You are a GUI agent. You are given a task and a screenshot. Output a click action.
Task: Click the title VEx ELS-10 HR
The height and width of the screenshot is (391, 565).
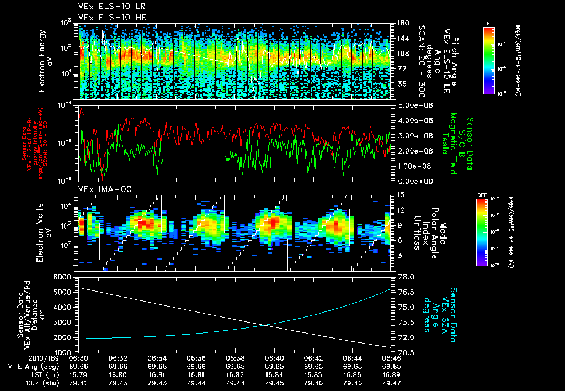point(108,17)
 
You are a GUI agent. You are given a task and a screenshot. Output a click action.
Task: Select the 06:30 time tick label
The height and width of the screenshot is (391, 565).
point(79,358)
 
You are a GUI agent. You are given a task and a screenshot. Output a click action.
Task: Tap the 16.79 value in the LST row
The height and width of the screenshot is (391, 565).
point(79,375)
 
